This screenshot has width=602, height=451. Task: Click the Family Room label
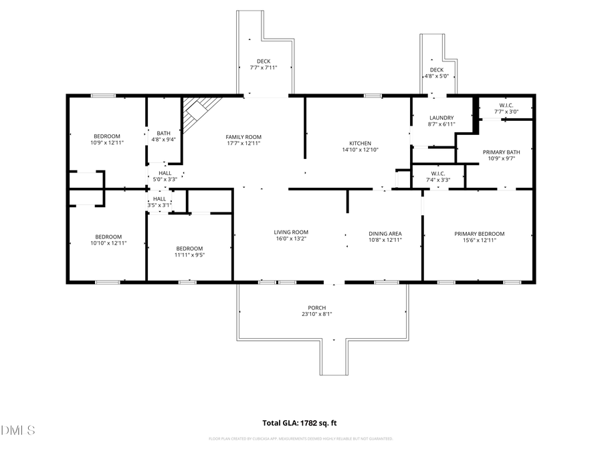click(x=243, y=136)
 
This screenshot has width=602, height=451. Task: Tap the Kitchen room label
click(x=360, y=143)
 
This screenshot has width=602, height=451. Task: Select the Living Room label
click(x=291, y=233)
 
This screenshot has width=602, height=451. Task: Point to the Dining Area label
click(x=385, y=234)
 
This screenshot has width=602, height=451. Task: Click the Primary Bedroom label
click(x=479, y=234)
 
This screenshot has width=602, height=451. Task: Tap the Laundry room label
click(x=441, y=118)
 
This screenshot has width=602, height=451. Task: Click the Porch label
click(x=318, y=307)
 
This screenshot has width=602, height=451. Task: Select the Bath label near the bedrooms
click(x=163, y=132)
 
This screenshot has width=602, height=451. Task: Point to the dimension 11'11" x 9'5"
click(x=189, y=254)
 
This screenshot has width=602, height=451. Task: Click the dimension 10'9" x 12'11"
click(x=107, y=142)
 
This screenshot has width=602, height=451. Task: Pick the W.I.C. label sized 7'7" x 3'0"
click(x=506, y=112)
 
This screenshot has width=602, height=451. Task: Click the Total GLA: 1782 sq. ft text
click(x=300, y=423)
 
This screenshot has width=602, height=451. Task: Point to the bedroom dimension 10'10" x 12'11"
click(x=108, y=243)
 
